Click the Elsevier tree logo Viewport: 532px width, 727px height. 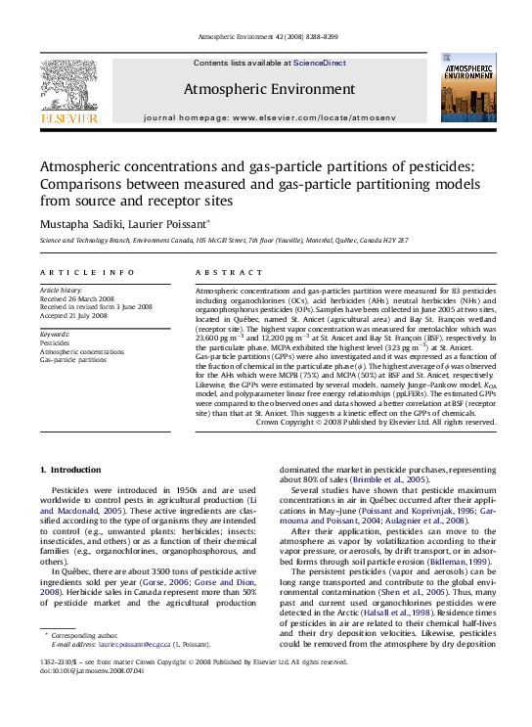pyautogui.click(x=68, y=89)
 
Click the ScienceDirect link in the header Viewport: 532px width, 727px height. pyautogui.click(x=320, y=63)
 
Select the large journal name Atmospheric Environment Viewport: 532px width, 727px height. pyautogui.click(x=266, y=89)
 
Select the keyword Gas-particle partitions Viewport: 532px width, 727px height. pyautogui.click(x=73, y=359)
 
